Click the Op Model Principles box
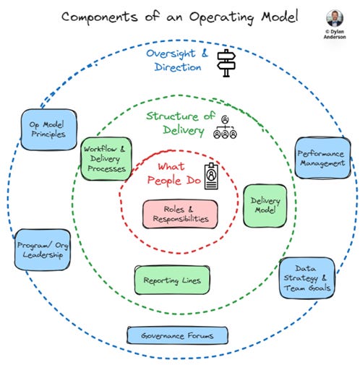(x=46, y=129)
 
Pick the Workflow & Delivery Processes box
(x=106, y=160)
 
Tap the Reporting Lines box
(x=171, y=280)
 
